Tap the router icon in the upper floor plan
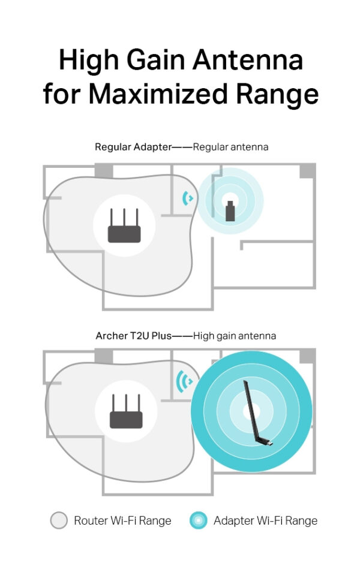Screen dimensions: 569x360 click(124, 226)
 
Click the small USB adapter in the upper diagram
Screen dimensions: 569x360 click(230, 212)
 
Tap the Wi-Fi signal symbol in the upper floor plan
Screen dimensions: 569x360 click(188, 197)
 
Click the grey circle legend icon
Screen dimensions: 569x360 click(59, 520)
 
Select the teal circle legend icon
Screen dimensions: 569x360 click(198, 520)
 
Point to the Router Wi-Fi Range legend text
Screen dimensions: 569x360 click(122, 520)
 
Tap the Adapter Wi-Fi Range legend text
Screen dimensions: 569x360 click(265, 520)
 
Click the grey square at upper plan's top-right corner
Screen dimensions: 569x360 click(307, 170)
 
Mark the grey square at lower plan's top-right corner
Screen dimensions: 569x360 click(307, 356)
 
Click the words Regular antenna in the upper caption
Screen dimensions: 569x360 click(231, 146)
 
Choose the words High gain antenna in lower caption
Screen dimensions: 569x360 click(235, 336)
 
